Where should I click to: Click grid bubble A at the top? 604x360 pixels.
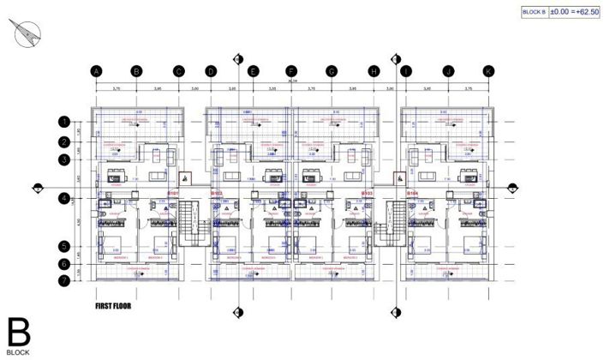97,72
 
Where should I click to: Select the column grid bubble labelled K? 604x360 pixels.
488,72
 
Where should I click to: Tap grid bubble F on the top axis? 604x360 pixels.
291,72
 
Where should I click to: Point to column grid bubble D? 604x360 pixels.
210,72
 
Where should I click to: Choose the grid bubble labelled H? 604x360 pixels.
374,72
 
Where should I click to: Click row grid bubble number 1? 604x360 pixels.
64,122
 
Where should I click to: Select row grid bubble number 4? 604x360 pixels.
64,199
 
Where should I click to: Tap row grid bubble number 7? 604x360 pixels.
64,280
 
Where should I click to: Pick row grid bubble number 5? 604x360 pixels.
64,246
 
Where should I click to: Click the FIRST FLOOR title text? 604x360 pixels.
117,304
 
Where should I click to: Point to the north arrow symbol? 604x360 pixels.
27,33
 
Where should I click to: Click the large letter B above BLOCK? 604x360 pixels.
18,332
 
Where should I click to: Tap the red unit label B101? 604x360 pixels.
172,194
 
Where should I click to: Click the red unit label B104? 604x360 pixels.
412,194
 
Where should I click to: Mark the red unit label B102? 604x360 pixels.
217,194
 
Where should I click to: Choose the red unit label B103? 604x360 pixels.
368,194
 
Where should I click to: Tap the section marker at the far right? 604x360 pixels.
511,187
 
